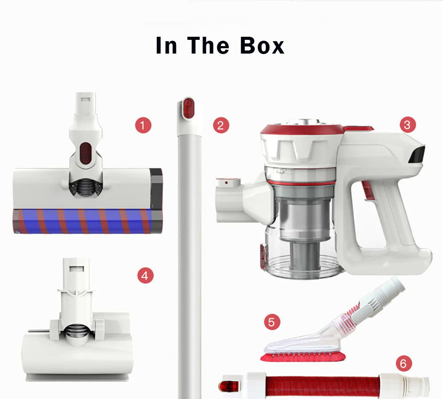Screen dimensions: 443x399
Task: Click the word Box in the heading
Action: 262,45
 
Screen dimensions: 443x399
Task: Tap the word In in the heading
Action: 167,45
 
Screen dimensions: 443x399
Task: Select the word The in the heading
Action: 208,45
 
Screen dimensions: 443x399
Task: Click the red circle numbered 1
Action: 143,125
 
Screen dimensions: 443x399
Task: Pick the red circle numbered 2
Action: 221,125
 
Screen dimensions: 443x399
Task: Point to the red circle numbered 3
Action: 408,124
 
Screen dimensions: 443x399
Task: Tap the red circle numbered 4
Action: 145,275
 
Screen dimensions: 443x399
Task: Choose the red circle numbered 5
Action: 272,322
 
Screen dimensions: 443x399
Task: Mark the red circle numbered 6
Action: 404,363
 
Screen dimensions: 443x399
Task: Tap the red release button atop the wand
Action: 187,108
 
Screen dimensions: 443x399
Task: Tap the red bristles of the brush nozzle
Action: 303,357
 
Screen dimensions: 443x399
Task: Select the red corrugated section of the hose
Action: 322,386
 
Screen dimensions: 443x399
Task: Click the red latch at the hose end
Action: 229,386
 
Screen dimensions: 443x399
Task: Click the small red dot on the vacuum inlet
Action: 226,183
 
